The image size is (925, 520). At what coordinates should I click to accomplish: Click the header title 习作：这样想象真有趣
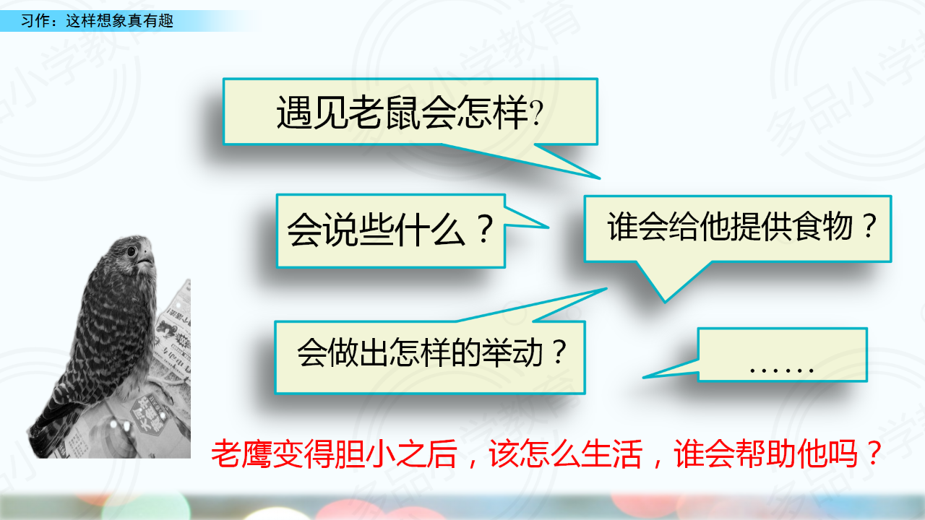point(97,21)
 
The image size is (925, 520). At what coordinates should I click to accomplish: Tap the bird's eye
point(132,251)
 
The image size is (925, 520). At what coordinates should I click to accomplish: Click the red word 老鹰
point(241,454)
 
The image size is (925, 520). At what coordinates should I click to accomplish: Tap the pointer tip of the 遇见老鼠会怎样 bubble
point(600,178)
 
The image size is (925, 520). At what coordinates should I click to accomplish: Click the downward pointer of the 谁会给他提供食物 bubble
point(665,302)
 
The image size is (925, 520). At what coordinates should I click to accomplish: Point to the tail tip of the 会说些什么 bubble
point(548,227)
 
